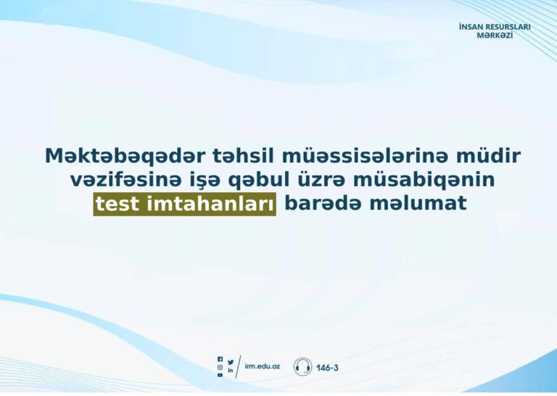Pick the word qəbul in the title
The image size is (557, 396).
259,181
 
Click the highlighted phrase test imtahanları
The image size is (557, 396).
185,205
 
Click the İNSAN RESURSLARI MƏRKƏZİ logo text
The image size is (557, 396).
495,31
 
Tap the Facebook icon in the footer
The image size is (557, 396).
220,360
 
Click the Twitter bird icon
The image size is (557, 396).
231,362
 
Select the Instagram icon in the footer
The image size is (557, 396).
220,367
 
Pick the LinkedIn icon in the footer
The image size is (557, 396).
231,370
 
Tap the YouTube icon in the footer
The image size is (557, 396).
220,375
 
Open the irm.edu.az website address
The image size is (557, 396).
262,366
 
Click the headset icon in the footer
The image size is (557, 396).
302,367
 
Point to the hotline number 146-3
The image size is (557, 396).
327,368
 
